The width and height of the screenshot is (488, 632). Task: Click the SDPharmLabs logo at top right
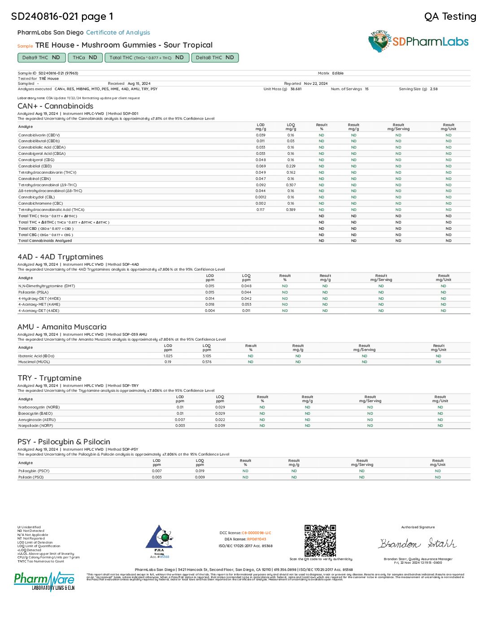point(418,42)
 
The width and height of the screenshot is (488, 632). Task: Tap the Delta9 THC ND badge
point(41,57)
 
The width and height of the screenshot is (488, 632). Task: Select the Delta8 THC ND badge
point(215,57)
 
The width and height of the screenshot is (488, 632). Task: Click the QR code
point(320,540)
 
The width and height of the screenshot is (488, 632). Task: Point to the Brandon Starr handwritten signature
point(418,544)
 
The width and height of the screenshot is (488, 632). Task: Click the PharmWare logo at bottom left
point(44,581)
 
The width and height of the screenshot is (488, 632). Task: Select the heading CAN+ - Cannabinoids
point(56,106)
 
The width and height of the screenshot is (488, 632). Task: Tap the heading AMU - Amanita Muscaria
point(62,327)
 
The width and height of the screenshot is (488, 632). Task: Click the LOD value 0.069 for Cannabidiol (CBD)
point(261,166)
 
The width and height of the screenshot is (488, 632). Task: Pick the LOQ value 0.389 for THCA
point(291,210)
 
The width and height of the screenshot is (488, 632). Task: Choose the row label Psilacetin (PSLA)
point(33,292)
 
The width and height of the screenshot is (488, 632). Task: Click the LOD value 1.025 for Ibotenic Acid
point(168,356)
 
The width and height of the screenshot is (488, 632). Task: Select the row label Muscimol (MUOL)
point(34,362)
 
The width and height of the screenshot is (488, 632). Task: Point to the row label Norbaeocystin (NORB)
point(39,407)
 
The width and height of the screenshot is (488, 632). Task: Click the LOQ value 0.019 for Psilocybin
point(200,471)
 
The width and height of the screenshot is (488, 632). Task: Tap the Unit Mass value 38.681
point(296,89)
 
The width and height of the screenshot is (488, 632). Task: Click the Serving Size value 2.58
point(434,89)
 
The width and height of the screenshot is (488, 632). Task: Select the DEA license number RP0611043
point(256,539)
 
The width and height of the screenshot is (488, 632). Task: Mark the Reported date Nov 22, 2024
point(316,83)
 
